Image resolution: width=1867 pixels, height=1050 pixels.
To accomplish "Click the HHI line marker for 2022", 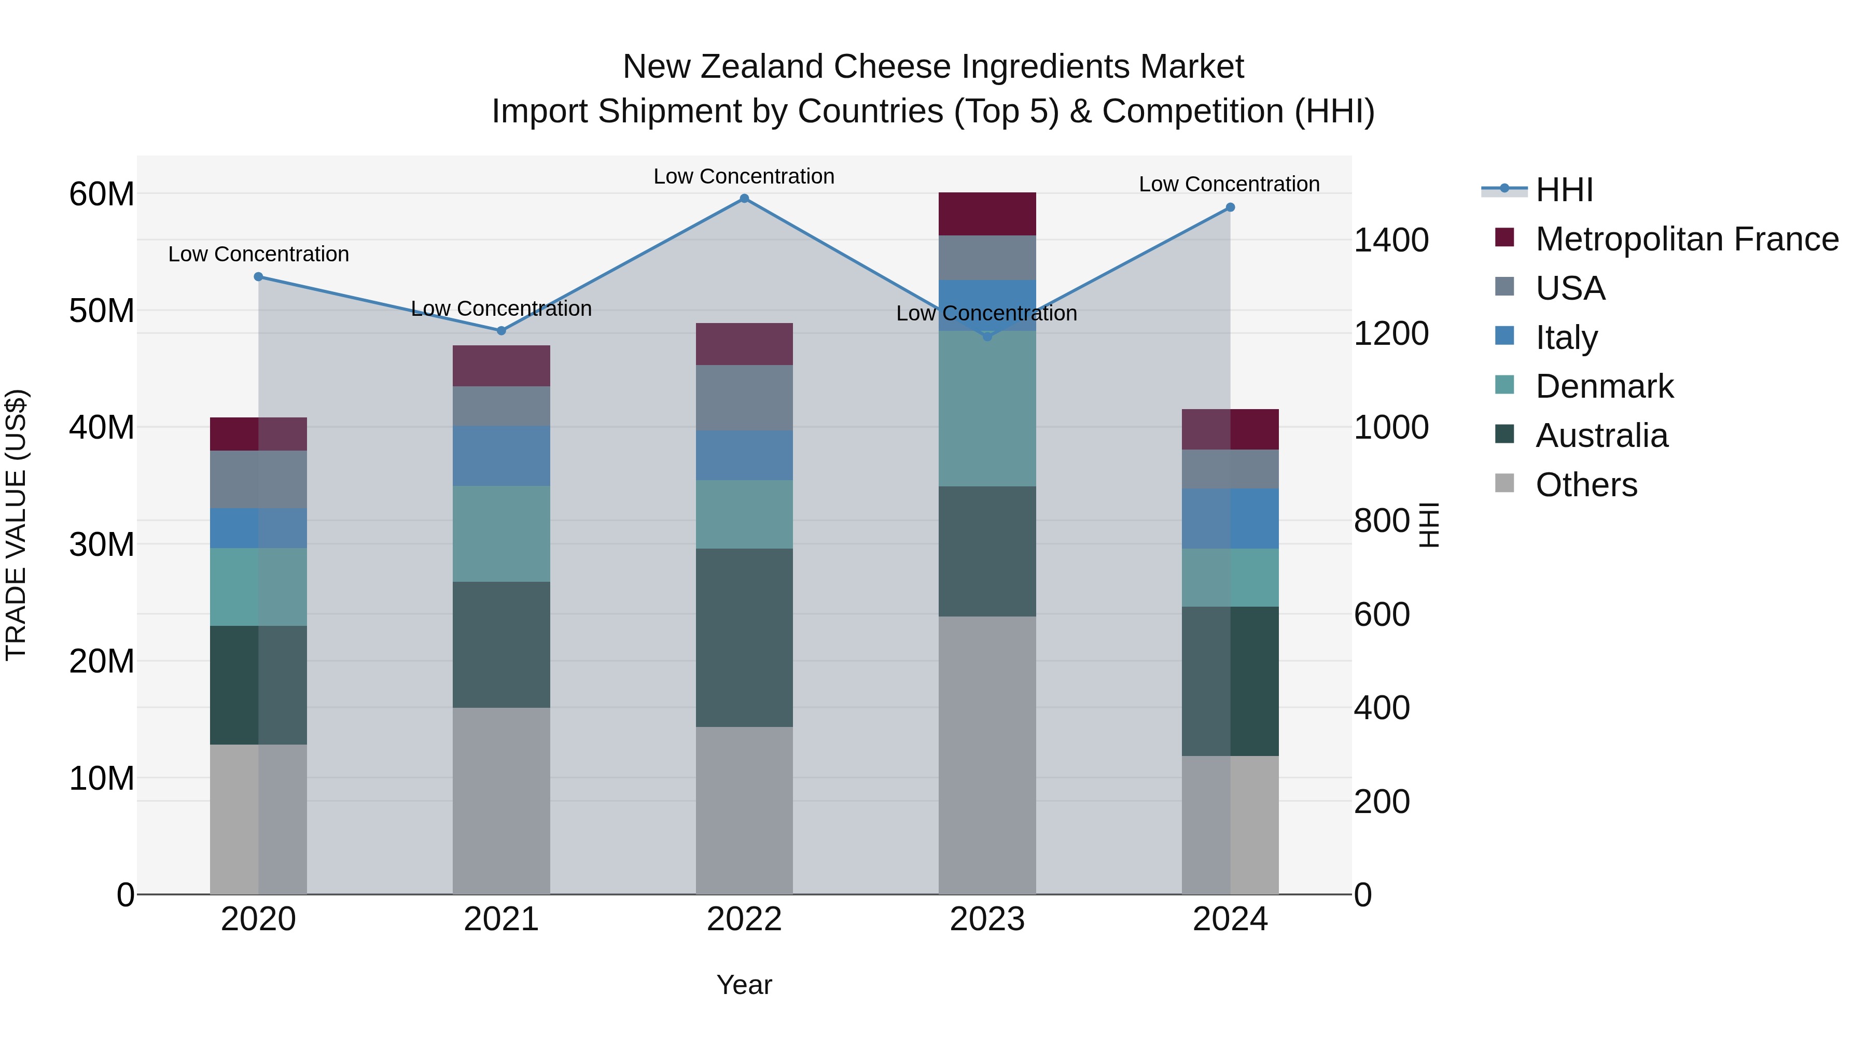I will (x=744, y=199).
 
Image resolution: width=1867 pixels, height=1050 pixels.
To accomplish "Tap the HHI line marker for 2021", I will (x=501, y=331).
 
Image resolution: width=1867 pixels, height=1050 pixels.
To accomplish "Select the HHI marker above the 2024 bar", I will (x=1230, y=208).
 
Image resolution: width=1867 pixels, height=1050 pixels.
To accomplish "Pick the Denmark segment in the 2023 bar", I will (x=986, y=409).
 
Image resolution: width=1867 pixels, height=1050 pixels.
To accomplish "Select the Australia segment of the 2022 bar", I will (x=744, y=638).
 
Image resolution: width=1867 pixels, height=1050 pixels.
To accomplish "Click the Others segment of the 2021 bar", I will (x=501, y=801).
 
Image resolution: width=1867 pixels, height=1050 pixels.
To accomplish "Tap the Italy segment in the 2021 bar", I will (x=501, y=456).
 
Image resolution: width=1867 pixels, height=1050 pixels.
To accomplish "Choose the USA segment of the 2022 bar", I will (x=744, y=398).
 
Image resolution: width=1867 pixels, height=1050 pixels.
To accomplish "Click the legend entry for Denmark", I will (x=1604, y=387).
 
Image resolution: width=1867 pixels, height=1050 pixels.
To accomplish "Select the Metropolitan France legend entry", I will (x=1686, y=239).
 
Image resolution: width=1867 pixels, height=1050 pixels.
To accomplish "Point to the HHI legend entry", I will (x=1564, y=190).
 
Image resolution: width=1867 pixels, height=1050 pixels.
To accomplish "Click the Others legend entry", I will (x=1586, y=485).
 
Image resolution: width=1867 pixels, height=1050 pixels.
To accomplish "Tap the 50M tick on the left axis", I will (x=102, y=311).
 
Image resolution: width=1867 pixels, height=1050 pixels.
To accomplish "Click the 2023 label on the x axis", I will (x=986, y=919).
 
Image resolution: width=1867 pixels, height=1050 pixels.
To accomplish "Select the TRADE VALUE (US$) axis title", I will (x=17, y=525).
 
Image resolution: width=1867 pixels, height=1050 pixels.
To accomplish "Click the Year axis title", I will (x=744, y=985).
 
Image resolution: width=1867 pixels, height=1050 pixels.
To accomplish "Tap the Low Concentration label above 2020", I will (x=259, y=255).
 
